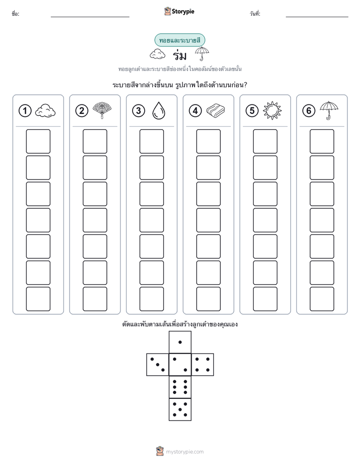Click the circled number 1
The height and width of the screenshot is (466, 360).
pyautogui.click(x=25, y=111)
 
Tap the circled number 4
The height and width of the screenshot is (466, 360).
pyautogui.click(x=195, y=111)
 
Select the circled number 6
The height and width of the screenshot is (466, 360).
pyautogui.click(x=309, y=111)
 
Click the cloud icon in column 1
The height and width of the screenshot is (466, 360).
pyautogui.click(x=45, y=111)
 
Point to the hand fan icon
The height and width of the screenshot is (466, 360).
pyautogui.click(x=102, y=110)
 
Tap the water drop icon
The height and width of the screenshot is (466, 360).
pyautogui.click(x=158, y=110)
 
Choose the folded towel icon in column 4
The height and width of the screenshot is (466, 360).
pyautogui.click(x=216, y=110)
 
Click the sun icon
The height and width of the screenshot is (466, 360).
pyautogui.click(x=272, y=110)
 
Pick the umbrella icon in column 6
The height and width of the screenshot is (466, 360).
pyautogui.click(x=329, y=110)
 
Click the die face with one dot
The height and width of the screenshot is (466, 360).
pyautogui.click(x=180, y=342)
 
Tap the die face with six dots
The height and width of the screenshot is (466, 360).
pyautogui.click(x=180, y=387)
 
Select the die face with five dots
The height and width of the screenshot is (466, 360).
pyautogui.click(x=180, y=409)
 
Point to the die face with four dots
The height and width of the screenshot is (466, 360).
pyautogui.click(x=203, y=365)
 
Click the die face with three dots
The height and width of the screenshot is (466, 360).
pyautogui.click(x=158, y=365)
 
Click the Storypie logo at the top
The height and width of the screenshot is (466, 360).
pyautogui.click(x=179, y=12)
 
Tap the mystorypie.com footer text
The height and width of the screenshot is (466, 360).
pyautogui.click(x=185, y=452)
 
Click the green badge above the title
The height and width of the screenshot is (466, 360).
pyautogui.click(x=179, y=40)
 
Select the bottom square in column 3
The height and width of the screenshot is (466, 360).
pyautogui.click(x=151, y=299)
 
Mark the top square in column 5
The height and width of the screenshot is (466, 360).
pyautogui.click(x=265, y=141)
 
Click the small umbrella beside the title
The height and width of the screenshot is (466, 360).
pyautogui.click(x=202, y=53)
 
